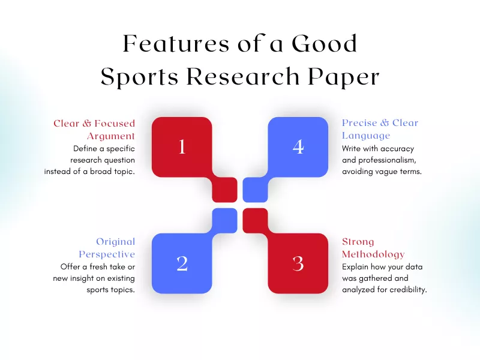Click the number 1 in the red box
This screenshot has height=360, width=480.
tap(182, 147)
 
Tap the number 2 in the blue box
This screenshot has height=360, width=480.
tap(182, 263)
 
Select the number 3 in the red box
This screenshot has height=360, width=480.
tap(298, 263)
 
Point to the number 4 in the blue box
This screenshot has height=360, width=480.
tap(298, 147)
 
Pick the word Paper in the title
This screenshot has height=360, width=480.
tap(344, 77)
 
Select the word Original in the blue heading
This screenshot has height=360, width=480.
tap(115, 242)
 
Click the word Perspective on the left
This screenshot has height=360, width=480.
tap(107, 254)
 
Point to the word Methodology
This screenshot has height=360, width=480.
tap(373, 254)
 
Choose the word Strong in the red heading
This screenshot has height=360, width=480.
tap(358, 242)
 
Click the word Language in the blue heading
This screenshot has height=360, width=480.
tap(365, 136)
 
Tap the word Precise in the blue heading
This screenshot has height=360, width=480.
tap(360, 123)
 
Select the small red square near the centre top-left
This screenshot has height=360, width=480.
tap(225, 190)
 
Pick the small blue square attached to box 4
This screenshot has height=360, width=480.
tap(255, 190)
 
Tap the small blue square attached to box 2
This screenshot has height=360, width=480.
tap(225, 220)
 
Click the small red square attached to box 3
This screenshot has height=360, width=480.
tap(255, 220)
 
